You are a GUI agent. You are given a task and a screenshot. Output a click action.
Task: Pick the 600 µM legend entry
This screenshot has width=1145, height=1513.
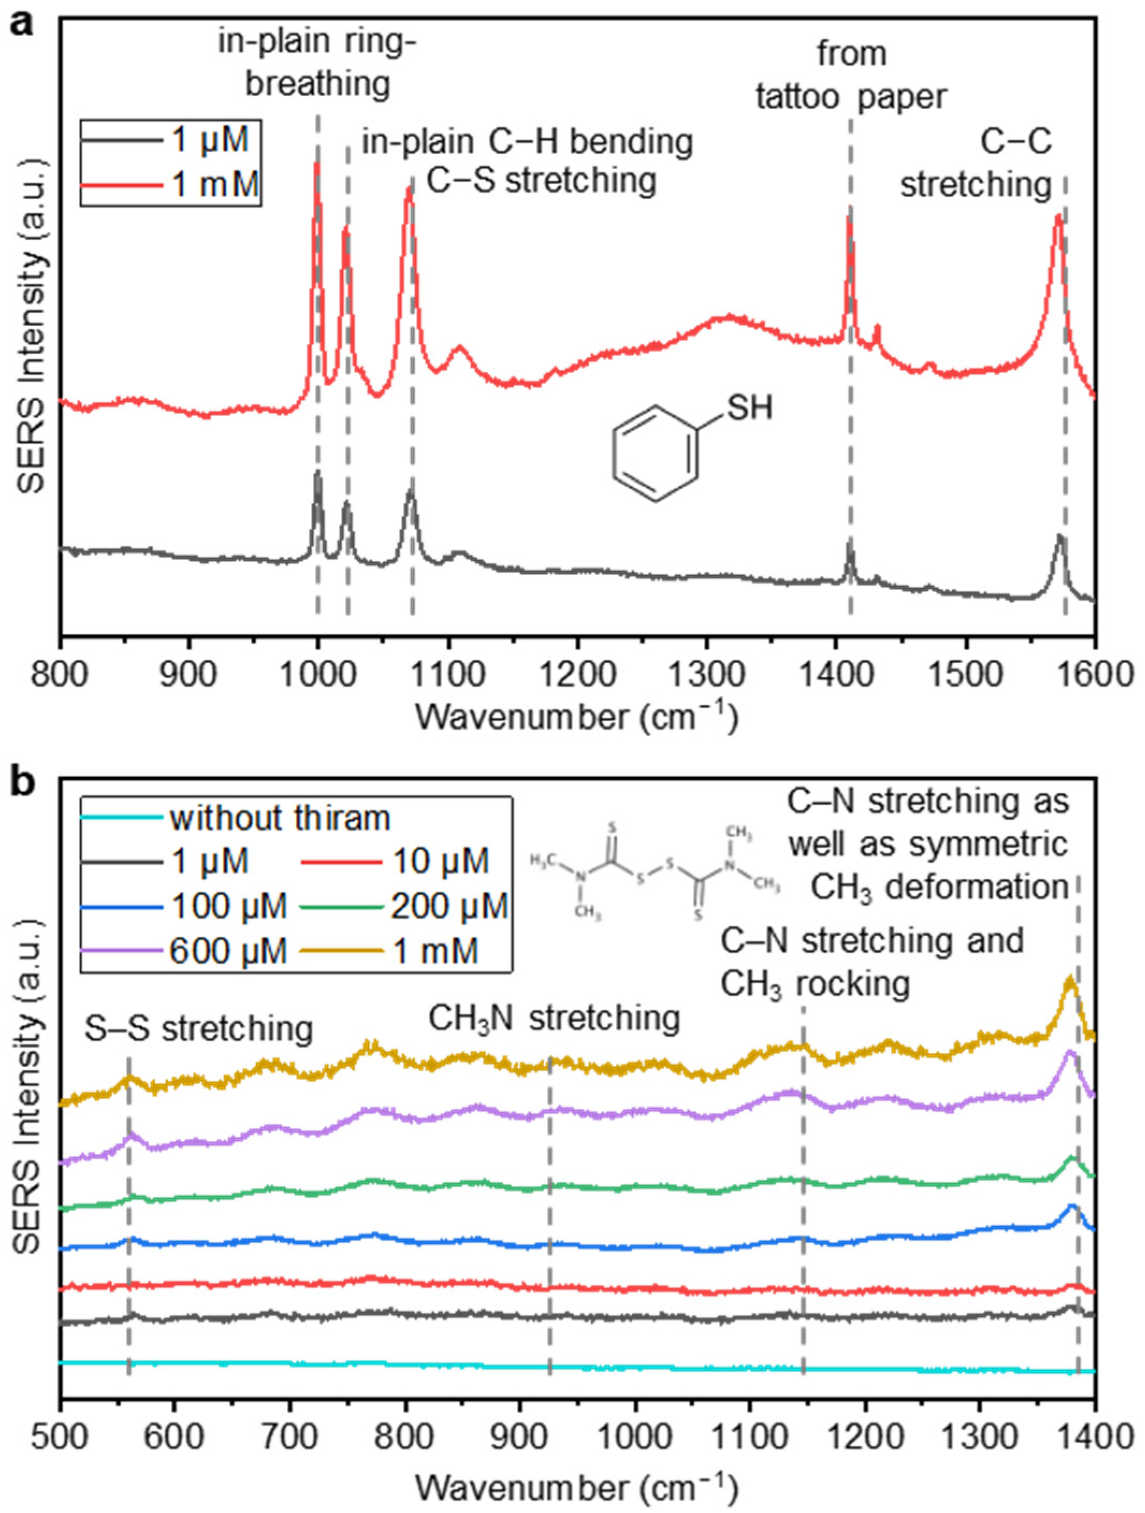click(x=183, y=951)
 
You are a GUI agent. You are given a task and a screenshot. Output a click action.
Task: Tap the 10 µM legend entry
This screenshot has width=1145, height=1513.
click(x=395, y=861)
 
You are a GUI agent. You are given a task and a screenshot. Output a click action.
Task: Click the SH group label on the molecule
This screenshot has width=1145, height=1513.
click(x=749, y=409)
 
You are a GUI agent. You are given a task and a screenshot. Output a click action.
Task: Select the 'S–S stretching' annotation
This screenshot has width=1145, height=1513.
click(x=199, y=1028)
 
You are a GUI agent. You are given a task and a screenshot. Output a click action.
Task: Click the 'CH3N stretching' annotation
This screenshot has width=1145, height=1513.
click(x=554, y=1018)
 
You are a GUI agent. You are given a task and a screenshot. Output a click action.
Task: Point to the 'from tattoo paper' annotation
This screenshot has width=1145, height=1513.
click(x=851, y=75)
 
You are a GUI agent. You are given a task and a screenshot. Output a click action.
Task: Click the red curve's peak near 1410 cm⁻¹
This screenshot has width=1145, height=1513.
click(x=849, y=217)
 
